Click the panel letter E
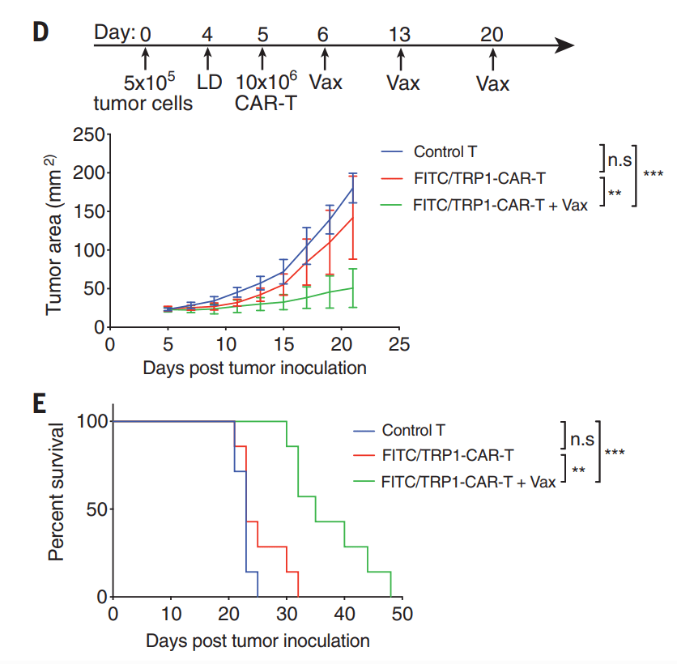39,402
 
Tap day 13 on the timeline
399,34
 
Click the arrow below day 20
492,60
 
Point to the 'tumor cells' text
143,104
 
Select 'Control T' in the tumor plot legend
444,151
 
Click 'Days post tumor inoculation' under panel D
254,368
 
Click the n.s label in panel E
581,439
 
